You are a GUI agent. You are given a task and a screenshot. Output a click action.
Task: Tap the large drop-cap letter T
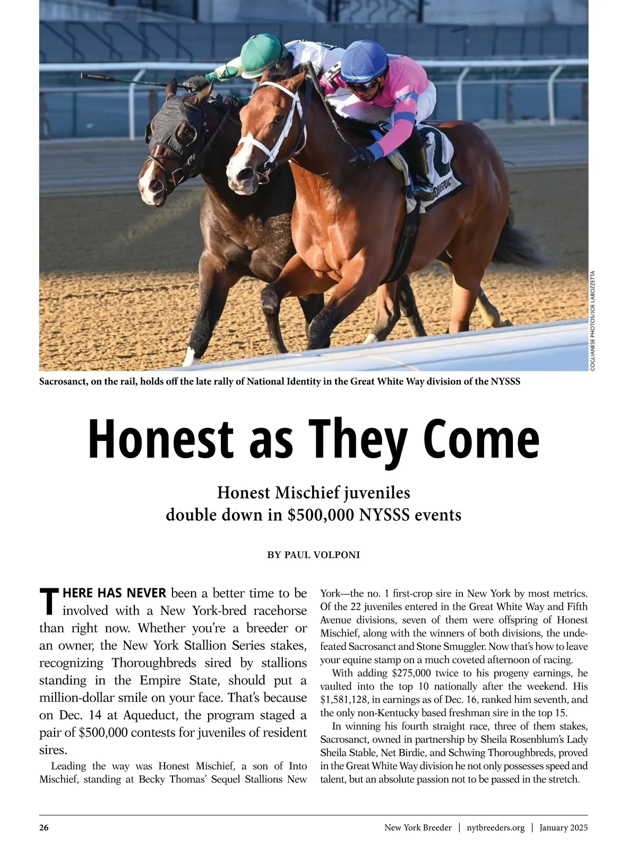click(48, 602)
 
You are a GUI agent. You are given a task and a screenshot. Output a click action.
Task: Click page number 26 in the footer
click(44, 828)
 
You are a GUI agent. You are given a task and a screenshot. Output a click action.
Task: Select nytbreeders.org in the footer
click(496, 828)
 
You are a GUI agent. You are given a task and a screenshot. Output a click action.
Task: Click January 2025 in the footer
click(564, 828)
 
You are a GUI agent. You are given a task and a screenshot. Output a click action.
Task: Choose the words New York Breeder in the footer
click(418, 828)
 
